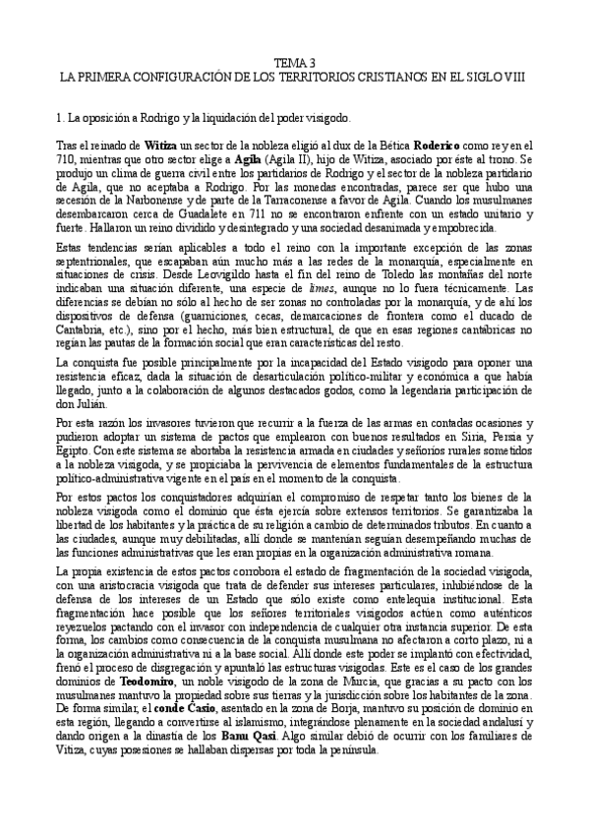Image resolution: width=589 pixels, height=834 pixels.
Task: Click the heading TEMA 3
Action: [294, 61]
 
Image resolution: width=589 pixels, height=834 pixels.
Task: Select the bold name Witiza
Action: [134, 145]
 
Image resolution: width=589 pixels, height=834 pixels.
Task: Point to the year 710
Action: [67, 158]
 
